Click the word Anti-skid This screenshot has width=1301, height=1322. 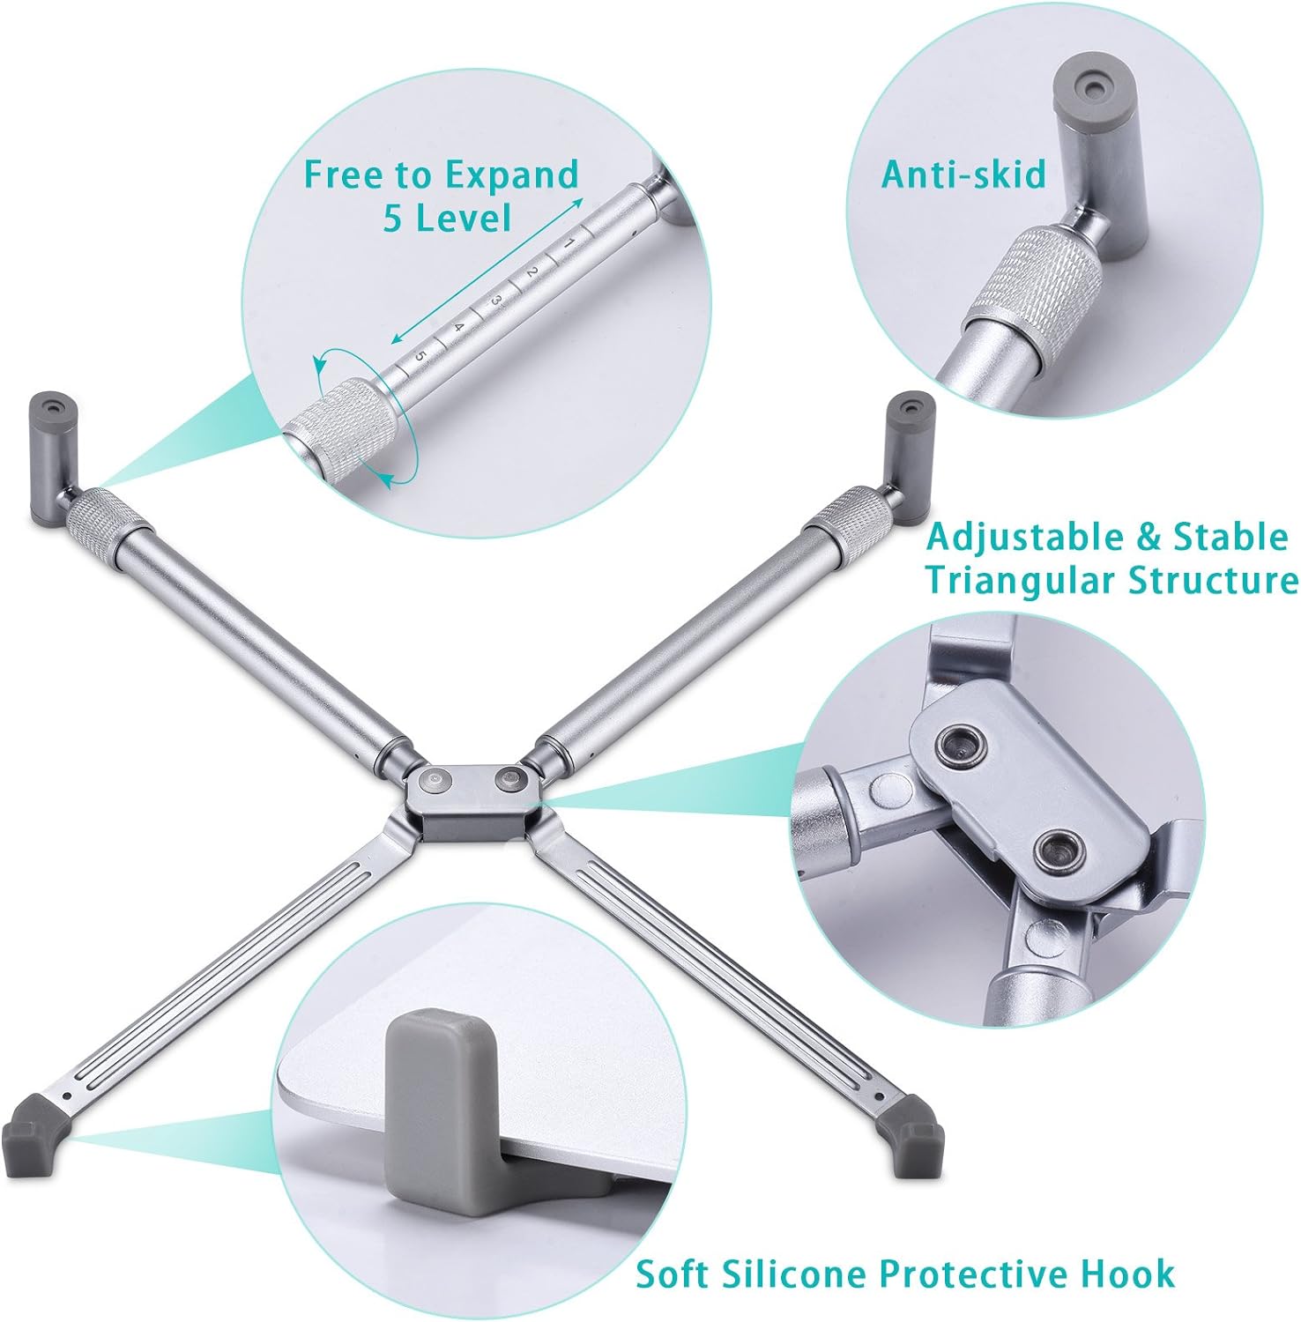[x=963, y=175]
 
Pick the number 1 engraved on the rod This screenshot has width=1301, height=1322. [x=569, y=242]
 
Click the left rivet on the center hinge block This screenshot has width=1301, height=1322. [x=435, y=780]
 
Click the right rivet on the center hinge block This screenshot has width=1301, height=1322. [x=509, y=780]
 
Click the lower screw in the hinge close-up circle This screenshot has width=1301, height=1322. [x=1057, y=850]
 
